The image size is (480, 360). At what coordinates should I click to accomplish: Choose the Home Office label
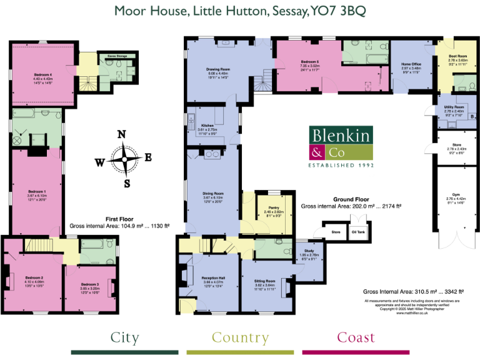pos(411,64)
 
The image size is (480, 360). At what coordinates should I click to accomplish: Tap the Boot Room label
pos(458,56)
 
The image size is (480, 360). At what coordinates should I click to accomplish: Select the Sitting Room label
pos(266,281)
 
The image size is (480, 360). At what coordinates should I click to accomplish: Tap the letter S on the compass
pos(127,183)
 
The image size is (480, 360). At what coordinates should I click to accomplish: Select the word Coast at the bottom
pos(356,338)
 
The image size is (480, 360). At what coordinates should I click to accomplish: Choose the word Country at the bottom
pos(241,338)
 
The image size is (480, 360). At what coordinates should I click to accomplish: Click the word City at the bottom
pos(124,338)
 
